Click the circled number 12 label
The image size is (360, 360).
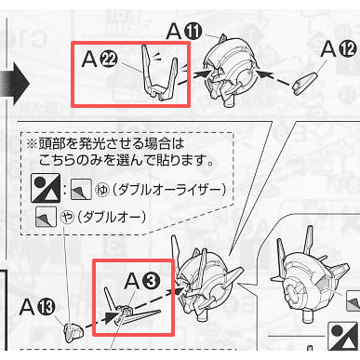tap(346, 48)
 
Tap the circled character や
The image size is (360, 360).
tap(68, 218)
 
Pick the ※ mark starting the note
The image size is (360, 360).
tap(33, 146)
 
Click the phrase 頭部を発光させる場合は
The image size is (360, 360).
tap(107, 146)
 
